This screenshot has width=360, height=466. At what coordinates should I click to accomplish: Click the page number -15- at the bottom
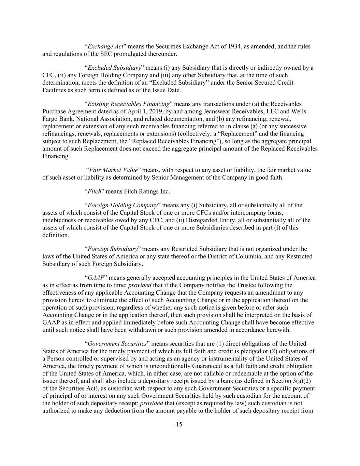coord(179,425)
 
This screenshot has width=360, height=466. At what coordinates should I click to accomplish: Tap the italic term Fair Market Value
coord(114,170)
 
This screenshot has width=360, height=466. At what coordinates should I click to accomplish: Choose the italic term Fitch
coord(95,191)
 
